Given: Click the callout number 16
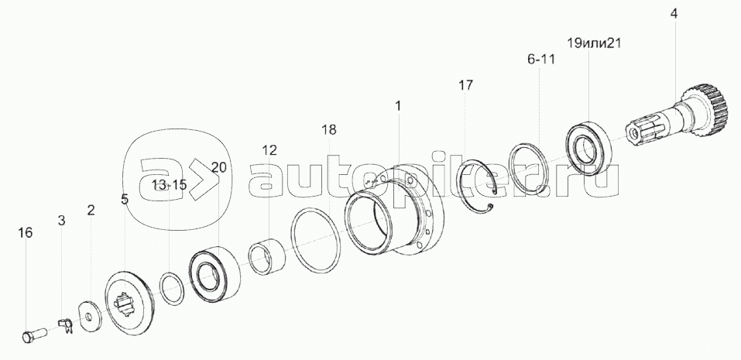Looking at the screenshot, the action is pos(26,232).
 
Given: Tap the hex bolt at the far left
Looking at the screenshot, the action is pos(34,335).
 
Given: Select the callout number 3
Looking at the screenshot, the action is pos(61,220).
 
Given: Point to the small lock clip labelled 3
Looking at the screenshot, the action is pos(66,325).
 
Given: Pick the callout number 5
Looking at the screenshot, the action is pos(125,199).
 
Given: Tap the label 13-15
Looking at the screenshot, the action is pos(169,185).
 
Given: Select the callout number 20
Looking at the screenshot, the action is pos(219,166).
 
